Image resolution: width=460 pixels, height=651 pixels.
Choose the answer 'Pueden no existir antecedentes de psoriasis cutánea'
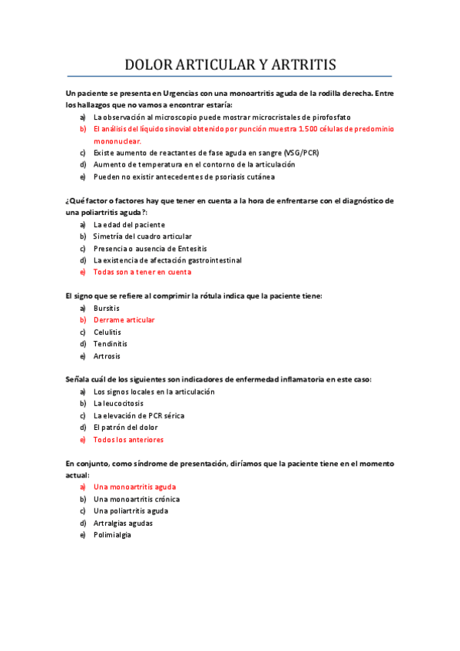click(184, 177)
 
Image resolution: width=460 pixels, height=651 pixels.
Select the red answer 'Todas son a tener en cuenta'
click(142, 272)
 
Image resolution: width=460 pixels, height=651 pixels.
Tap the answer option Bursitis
click(107, 308)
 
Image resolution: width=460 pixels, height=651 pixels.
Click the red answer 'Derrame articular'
click(124, 319)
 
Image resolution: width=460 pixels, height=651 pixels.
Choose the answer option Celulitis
click(108, 332)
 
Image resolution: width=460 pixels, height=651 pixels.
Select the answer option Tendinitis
click(111, 344)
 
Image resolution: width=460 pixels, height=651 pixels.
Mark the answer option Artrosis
click(107, 356)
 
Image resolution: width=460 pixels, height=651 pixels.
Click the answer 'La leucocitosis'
click(118, 403)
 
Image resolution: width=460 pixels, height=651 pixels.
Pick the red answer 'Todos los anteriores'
click(128, 440)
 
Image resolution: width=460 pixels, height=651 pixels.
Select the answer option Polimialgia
click(112, 535)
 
